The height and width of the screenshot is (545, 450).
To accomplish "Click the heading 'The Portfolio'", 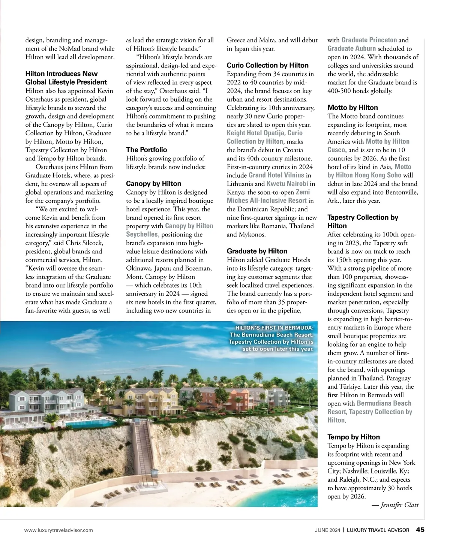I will pos(146,150).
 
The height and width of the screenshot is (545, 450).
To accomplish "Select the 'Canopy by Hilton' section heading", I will pos(153,183).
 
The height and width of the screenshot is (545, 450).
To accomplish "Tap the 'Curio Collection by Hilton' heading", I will pos(267,65).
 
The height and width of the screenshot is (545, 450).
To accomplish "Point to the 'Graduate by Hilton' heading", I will pos(257,251).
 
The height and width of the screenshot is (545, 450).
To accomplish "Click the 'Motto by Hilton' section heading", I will pos(352,108).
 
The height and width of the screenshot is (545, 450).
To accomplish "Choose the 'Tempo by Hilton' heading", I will pos(353,437).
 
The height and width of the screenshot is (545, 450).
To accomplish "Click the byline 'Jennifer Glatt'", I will pos(399,505).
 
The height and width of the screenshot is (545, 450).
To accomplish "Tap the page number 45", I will pos(420,530).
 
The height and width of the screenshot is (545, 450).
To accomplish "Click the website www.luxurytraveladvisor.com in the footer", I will pos(58,530).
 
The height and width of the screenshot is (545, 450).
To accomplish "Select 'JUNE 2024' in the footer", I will pos(327,530).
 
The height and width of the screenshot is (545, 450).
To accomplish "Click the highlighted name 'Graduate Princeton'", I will pos(369,40).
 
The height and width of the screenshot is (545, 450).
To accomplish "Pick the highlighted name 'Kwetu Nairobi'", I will pos(287,184).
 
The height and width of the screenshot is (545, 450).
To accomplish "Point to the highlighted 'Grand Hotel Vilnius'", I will pos(276,175).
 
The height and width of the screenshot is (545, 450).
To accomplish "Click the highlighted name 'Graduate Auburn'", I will pos(351,48).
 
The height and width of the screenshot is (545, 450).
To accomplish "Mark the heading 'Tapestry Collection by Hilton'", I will pos(363,222).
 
